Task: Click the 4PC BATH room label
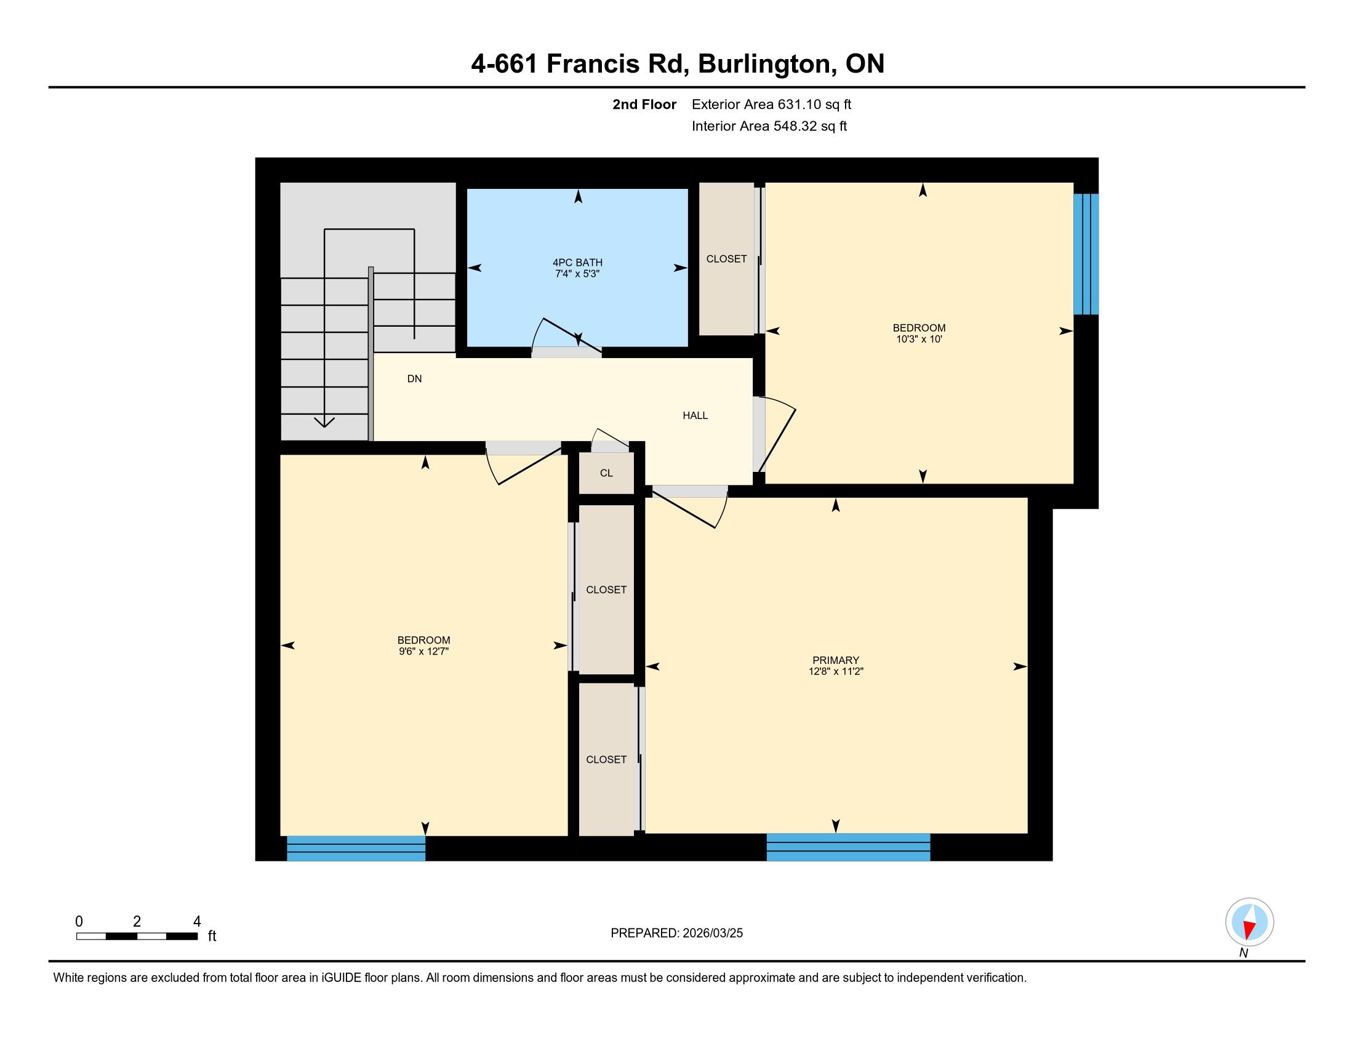tap(577, 263)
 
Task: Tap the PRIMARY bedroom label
tap(836, 661)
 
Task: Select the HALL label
tap(695, 416)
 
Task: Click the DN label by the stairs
tap(414, 378)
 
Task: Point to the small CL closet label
tap(606, 473)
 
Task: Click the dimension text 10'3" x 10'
tap(919, 339)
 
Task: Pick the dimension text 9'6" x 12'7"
tap(423, 651)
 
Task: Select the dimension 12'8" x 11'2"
tap(836, 671)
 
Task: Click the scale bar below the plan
tap(137, 936)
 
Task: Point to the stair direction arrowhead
tap(324, 423)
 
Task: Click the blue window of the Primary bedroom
tap(848, 847)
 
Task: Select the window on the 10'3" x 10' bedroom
tap(1086, 254)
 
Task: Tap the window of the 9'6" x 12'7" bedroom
tap(356, 848)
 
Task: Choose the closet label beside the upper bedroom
tap(726, 259)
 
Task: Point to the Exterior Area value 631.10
tap(798, 105)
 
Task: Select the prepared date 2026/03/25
tap(712, 933)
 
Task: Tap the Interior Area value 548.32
tap(794, 126)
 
